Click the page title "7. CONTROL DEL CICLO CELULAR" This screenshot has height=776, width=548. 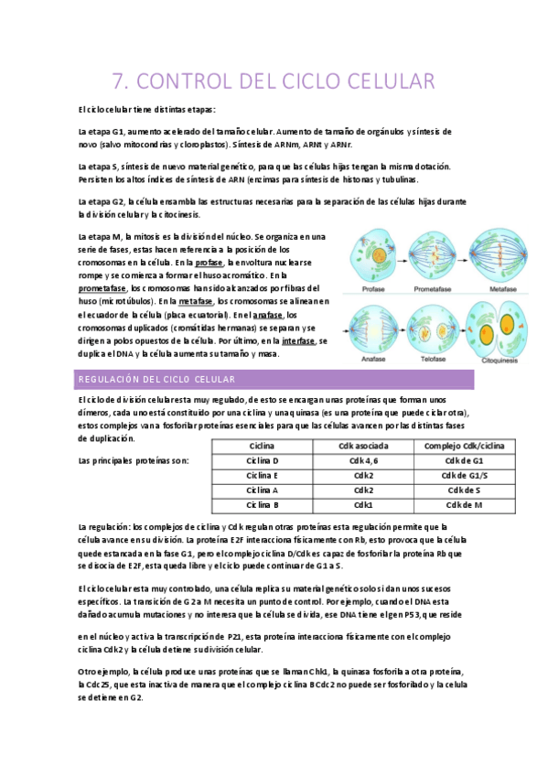(x=273, y=81)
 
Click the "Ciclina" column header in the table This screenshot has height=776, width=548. (x=263, y=446)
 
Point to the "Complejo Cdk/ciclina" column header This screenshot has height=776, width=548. (x=464, y=446)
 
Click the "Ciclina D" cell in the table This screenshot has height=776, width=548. (x=263, y=460)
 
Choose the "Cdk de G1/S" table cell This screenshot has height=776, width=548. (x=464, y=475)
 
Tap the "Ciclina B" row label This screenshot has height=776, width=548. (x=263, y=504)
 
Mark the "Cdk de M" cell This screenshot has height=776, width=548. (x=464, y=504)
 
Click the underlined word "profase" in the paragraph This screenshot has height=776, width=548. (x=209, y=262)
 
